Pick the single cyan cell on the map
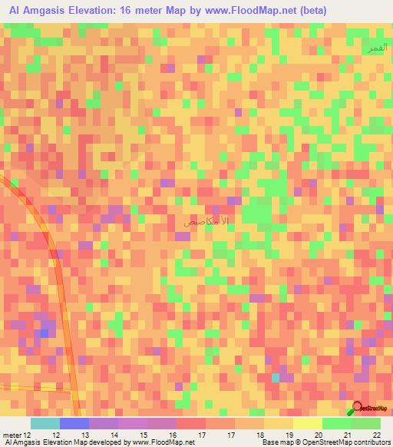(276, 377)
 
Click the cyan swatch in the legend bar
(45, 423)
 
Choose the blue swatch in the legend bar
(74, 423)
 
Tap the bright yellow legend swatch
(307, 423)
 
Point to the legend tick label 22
(375, 435)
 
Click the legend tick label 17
(202, 435)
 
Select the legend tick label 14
(114, 435)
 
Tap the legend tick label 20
(318, 435)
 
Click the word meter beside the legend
(12, 435)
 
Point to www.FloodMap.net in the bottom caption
(162, 443)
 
